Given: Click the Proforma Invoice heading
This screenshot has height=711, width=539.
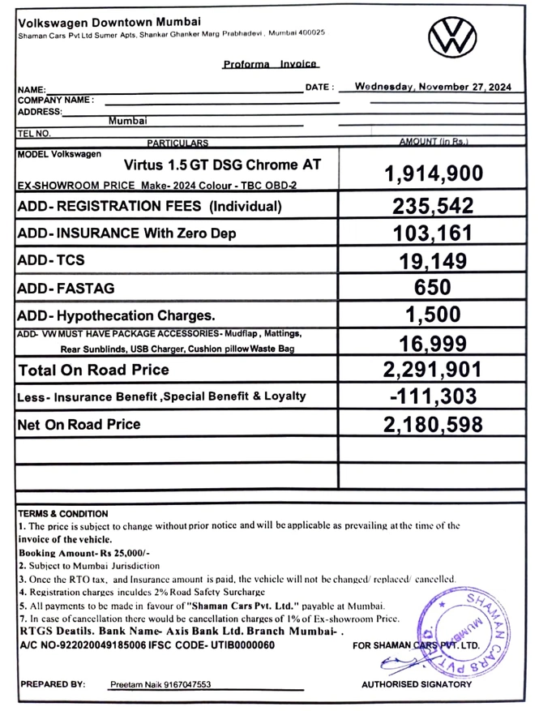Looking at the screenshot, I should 270,65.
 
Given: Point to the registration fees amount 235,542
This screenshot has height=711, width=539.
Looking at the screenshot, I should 433,207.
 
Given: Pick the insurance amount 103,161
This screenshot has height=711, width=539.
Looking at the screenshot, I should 433,233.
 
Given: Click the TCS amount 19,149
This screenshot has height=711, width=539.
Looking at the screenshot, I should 433,260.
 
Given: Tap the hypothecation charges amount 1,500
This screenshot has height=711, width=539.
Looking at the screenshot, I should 433,315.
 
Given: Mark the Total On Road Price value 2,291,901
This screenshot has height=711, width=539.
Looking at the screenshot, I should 433,370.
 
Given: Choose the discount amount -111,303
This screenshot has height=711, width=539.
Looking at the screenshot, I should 433,396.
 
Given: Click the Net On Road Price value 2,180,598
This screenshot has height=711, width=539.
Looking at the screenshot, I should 433,424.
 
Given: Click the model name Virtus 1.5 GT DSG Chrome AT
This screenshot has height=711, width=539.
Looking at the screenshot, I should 222,165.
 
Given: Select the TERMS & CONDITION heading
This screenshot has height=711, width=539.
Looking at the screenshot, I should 62,514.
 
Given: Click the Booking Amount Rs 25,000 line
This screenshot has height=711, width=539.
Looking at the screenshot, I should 70,552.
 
